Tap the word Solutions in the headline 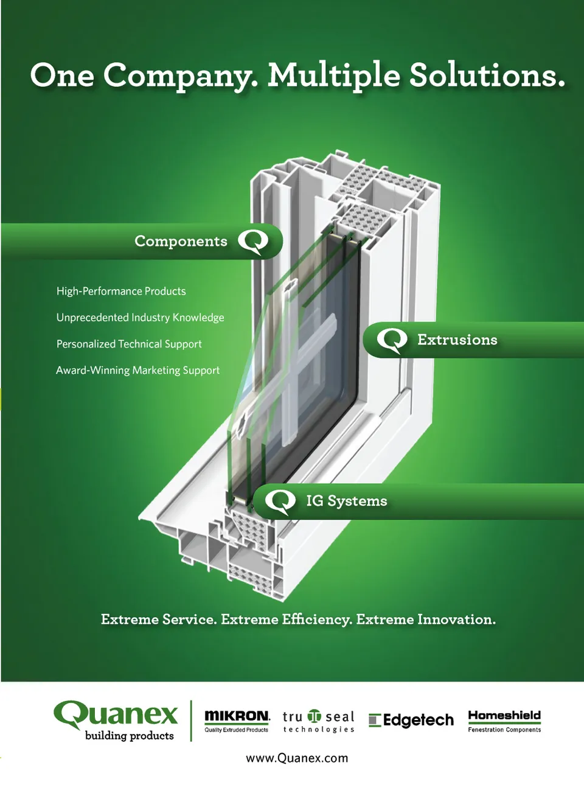click(x=487, y=75)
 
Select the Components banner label click(x=181, y=242)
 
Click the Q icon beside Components click(x=253, y=242)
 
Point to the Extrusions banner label click(x=457, y=340)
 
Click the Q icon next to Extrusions click(x=392, y=340)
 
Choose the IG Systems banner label click(x=346, y=501)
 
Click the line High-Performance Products click(x=121, y=292)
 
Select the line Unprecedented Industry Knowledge click(x=140, y=318)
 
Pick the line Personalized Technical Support click(x=129, y=344)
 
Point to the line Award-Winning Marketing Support click(x=137, y=370)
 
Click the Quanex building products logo click(x=116, y=721)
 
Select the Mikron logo click(x=237, y=720)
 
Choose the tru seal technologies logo click(x=318, y=721)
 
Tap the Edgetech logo click(x=411, y=721)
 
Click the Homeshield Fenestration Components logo click(x=504, y=720)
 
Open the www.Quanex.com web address click(x=297, y=758)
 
